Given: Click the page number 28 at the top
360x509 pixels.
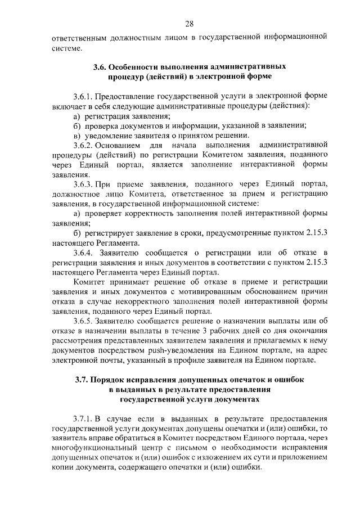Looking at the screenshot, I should (188, 23).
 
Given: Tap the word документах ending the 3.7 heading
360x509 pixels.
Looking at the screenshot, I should (237, 399).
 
